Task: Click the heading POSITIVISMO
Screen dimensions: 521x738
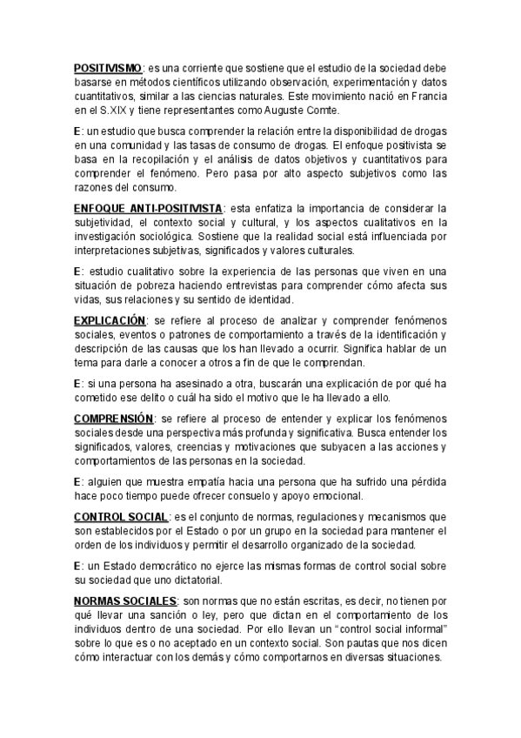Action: coord(108,66)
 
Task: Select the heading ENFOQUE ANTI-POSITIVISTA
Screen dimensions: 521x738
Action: coord(147,209)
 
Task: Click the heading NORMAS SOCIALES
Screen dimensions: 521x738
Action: coord(125,601)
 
